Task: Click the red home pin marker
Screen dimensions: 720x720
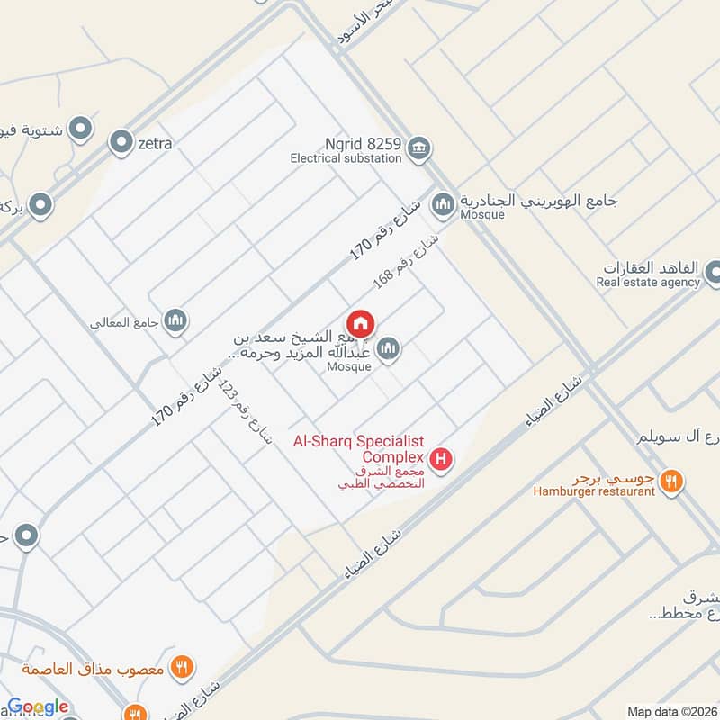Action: (361, 323)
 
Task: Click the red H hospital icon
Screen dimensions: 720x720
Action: (441, 461)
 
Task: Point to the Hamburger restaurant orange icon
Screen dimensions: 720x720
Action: (670, 481)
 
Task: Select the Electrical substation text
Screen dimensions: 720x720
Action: (346, 158)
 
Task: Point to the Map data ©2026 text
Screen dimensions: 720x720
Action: (671, 711)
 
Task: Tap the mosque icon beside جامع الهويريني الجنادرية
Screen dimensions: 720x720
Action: (442, 205)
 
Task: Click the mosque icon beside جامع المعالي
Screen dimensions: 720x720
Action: (175, 319)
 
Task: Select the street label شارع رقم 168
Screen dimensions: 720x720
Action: (407, 262)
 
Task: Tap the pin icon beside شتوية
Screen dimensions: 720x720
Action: (80, 129)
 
